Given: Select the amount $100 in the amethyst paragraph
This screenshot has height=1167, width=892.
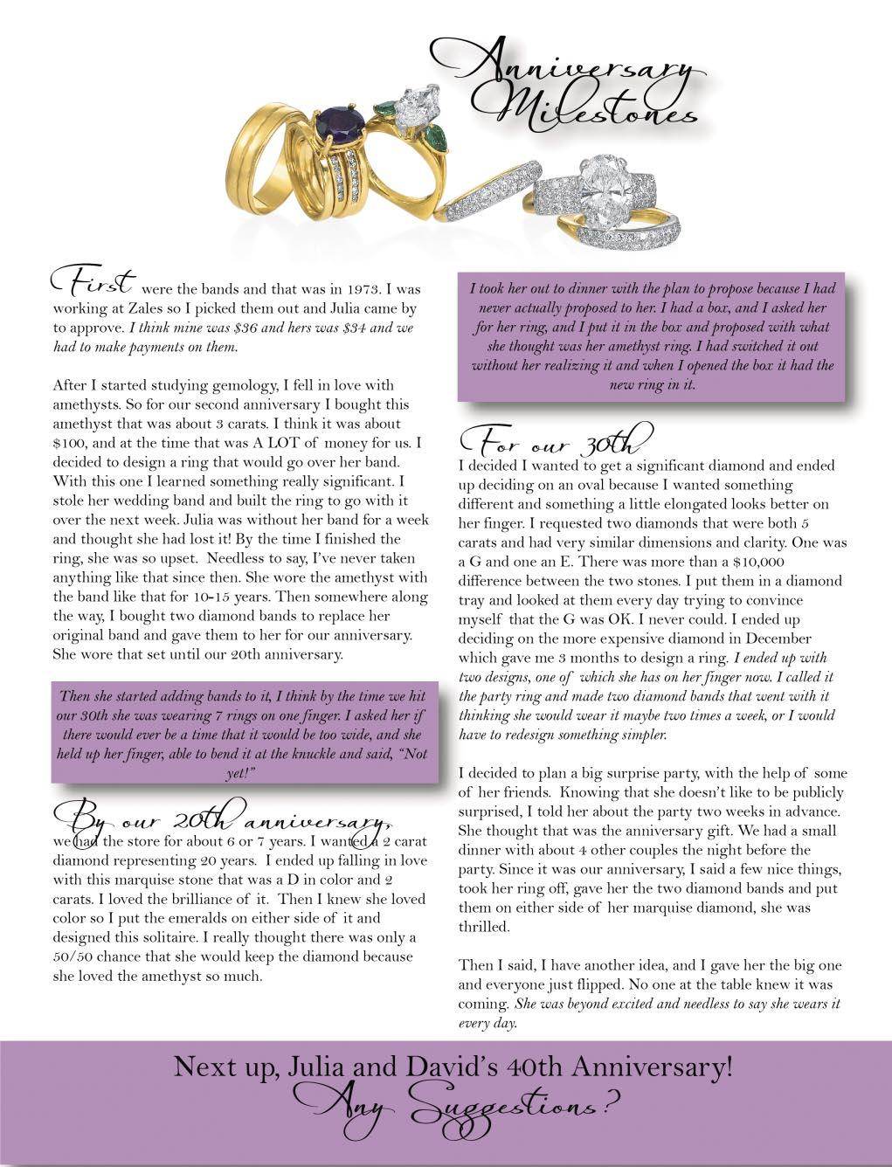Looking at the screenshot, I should (x=69, y=443).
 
